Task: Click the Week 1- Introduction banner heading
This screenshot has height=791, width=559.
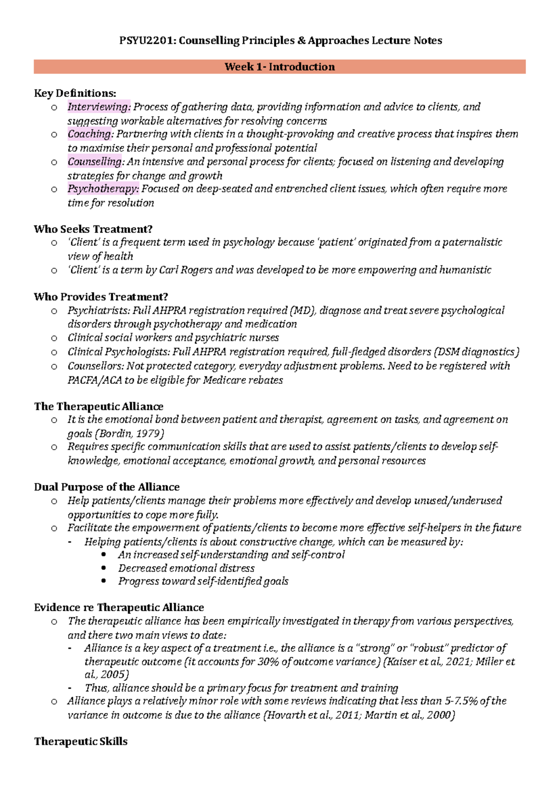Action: pyautogui.click(x=279, y=67)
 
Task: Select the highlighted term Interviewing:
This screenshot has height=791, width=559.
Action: pyautogui.click(x=99, y=107)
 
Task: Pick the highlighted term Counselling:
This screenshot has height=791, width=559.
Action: pyautogui.click(x=96, y=162)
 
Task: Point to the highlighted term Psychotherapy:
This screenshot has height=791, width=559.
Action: pyautogui.click(x=103, y=189)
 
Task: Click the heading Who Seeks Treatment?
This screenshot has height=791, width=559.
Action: pyautogui.click(x=93, y=229)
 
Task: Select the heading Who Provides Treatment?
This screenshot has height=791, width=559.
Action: pyautogui.click(x=101, y=297)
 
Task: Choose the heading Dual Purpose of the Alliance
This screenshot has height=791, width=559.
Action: pyautogui.click(x=107, y=487)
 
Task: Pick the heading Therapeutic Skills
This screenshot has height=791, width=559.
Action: pyautogui.click(x=81, y=742)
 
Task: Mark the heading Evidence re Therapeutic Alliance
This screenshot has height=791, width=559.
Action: pyautogui.click(x=119, y=607)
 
